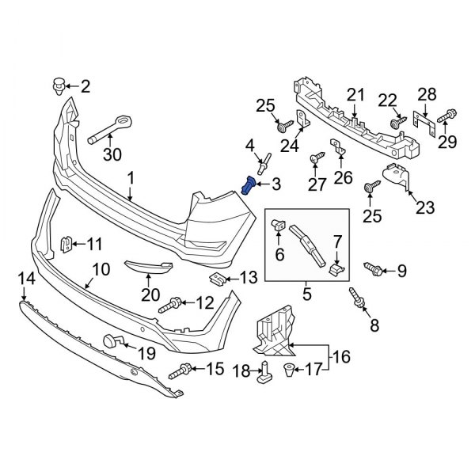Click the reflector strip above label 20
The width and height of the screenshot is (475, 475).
point(146,267)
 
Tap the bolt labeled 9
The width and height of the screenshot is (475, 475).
point(373,271)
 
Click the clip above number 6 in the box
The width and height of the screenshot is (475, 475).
point(279,225)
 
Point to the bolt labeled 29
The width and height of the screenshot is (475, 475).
point(443,116)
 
